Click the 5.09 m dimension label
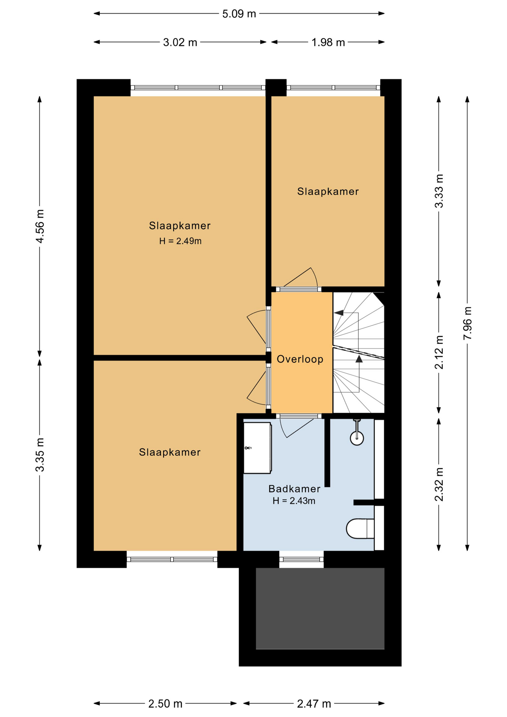(239, 14)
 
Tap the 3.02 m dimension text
(180, 42)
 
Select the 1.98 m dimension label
(328, 42)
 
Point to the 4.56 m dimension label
(40, 226)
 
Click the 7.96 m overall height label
(467, 323)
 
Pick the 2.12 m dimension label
(439, 352)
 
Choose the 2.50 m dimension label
(165, 704)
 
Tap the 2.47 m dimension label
(314, 704)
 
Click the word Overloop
(300, 359)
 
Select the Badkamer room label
(294, 489)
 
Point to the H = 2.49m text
(180, 241)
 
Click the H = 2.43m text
(294, 501)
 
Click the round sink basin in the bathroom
(357, 438)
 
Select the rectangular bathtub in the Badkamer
(257, 448)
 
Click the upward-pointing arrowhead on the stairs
(359, 359)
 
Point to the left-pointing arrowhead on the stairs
(339, 313)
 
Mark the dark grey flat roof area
(320, 609)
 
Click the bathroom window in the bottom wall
(301, 559)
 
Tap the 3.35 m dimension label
(40, 455)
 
